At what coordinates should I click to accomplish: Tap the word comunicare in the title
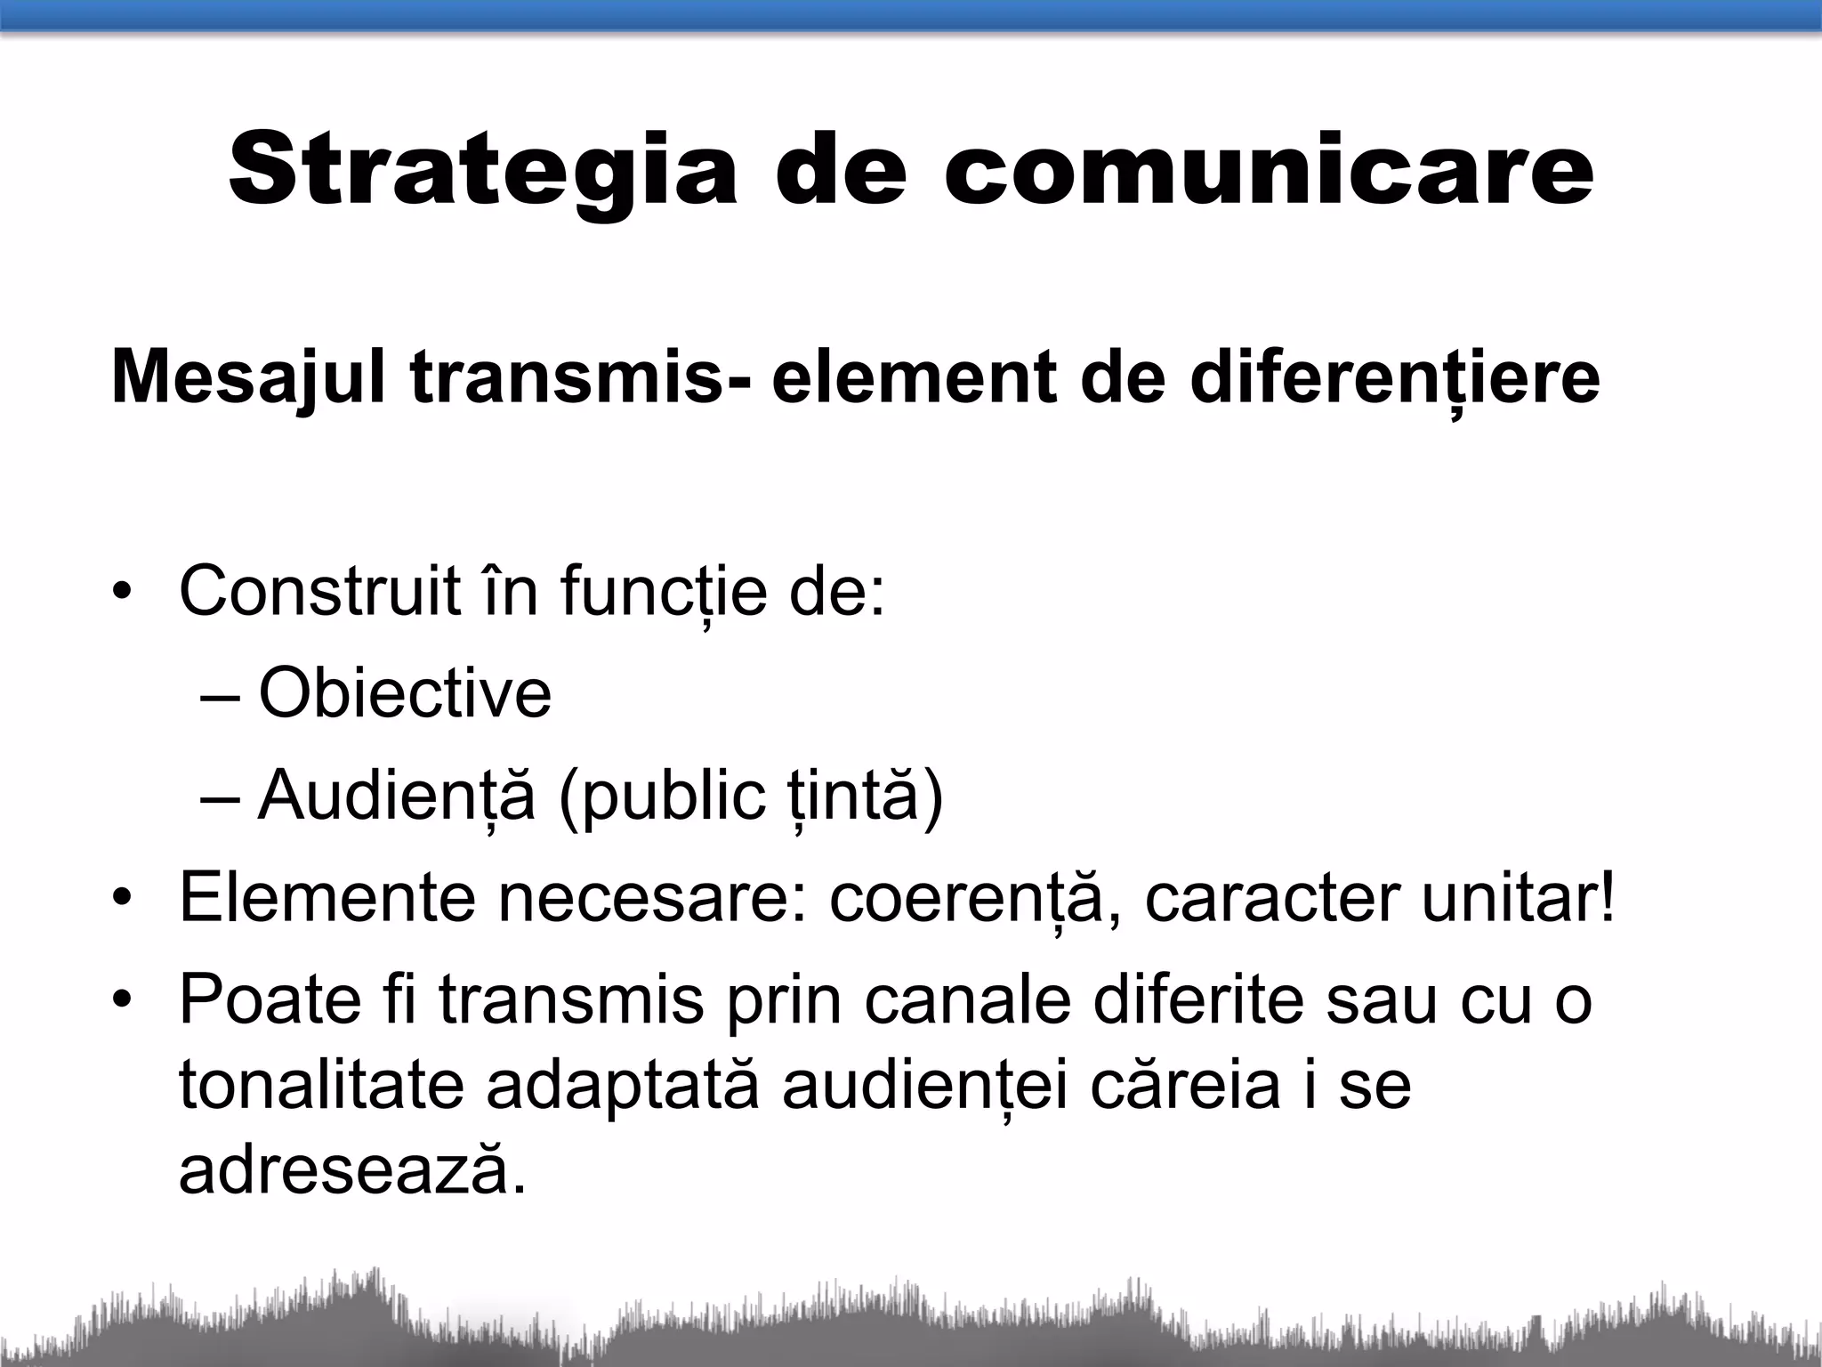(1269, 169)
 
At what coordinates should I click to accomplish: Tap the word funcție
(664, 592)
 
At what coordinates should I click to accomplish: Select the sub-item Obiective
(405, 693)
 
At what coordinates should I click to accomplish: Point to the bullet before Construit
(122, 593)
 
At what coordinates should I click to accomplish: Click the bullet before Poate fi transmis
(122, 1002)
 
